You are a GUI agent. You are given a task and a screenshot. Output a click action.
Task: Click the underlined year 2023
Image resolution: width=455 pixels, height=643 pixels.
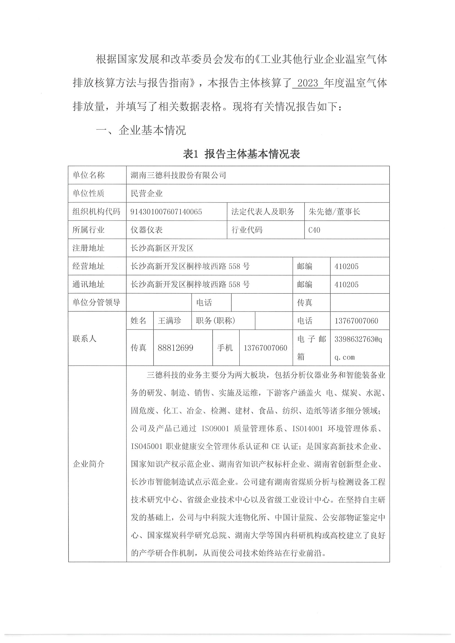[x=308, y=83]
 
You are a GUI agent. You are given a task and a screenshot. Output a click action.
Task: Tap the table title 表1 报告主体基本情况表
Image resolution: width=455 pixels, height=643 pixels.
[x=241, y=154]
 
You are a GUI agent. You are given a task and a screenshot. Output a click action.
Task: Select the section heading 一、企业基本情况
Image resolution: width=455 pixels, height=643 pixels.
[x=141, y=131]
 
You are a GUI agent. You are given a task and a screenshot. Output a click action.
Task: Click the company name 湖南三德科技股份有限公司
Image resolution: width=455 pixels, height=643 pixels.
[x=178, y=175]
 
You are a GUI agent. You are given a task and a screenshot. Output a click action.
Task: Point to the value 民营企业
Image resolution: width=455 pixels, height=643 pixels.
[x=147, y=193]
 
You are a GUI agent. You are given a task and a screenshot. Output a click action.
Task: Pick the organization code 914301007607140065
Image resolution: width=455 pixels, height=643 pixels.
[x=166, y=212]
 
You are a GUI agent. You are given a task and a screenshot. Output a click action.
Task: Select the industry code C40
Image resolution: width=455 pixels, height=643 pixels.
[x=314, y=230]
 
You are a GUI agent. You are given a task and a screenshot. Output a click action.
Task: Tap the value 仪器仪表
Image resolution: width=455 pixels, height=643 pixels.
[x=147, y=230]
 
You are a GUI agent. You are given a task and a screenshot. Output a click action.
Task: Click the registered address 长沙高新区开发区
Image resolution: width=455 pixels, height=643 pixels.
[x=162, y=248]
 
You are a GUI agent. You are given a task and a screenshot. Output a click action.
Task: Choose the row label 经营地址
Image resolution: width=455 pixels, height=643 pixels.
[x=88, y=266]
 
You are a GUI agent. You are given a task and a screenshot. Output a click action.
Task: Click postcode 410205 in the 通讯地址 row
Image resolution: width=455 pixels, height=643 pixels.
[x=347, y=284]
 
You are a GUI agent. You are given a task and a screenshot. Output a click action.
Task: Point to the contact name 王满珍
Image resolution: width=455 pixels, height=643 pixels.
[x=170, y=321]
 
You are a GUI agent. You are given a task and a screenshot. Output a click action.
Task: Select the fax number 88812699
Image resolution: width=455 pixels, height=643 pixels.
[x=176, y=348]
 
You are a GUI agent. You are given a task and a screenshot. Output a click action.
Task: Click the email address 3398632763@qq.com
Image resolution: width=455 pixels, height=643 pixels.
[x=358, y=348]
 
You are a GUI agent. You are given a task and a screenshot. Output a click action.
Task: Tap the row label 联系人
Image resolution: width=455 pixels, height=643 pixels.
[x=84, y=339]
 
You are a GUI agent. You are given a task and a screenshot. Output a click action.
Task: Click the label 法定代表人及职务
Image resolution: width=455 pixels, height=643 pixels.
[x=263, y=212]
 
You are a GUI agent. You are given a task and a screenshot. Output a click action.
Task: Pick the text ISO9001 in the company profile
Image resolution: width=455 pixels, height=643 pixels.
[x=215, y=428]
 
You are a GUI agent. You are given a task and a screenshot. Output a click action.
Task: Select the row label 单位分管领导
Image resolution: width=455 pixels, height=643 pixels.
[x=96, y=303]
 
